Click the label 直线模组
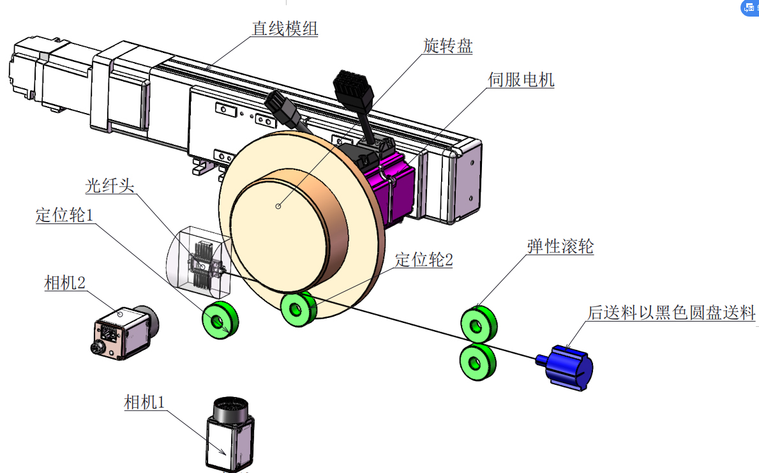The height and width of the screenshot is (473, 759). tap(285, 29)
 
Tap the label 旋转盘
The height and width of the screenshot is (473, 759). tap(448, 46)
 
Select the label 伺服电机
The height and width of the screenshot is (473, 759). tap(521, 80)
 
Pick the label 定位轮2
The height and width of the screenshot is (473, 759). tap(424, 260)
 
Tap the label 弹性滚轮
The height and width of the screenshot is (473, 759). tap(560, 246)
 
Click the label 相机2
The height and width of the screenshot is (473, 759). tap(65, 283)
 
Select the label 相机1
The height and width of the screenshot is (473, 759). tap(145, 402)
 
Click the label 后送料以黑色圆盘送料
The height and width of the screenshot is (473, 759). tap(672, 313)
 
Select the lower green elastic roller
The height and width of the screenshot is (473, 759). tap(477, 363)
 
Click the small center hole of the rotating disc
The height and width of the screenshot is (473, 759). tap(278, 206)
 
